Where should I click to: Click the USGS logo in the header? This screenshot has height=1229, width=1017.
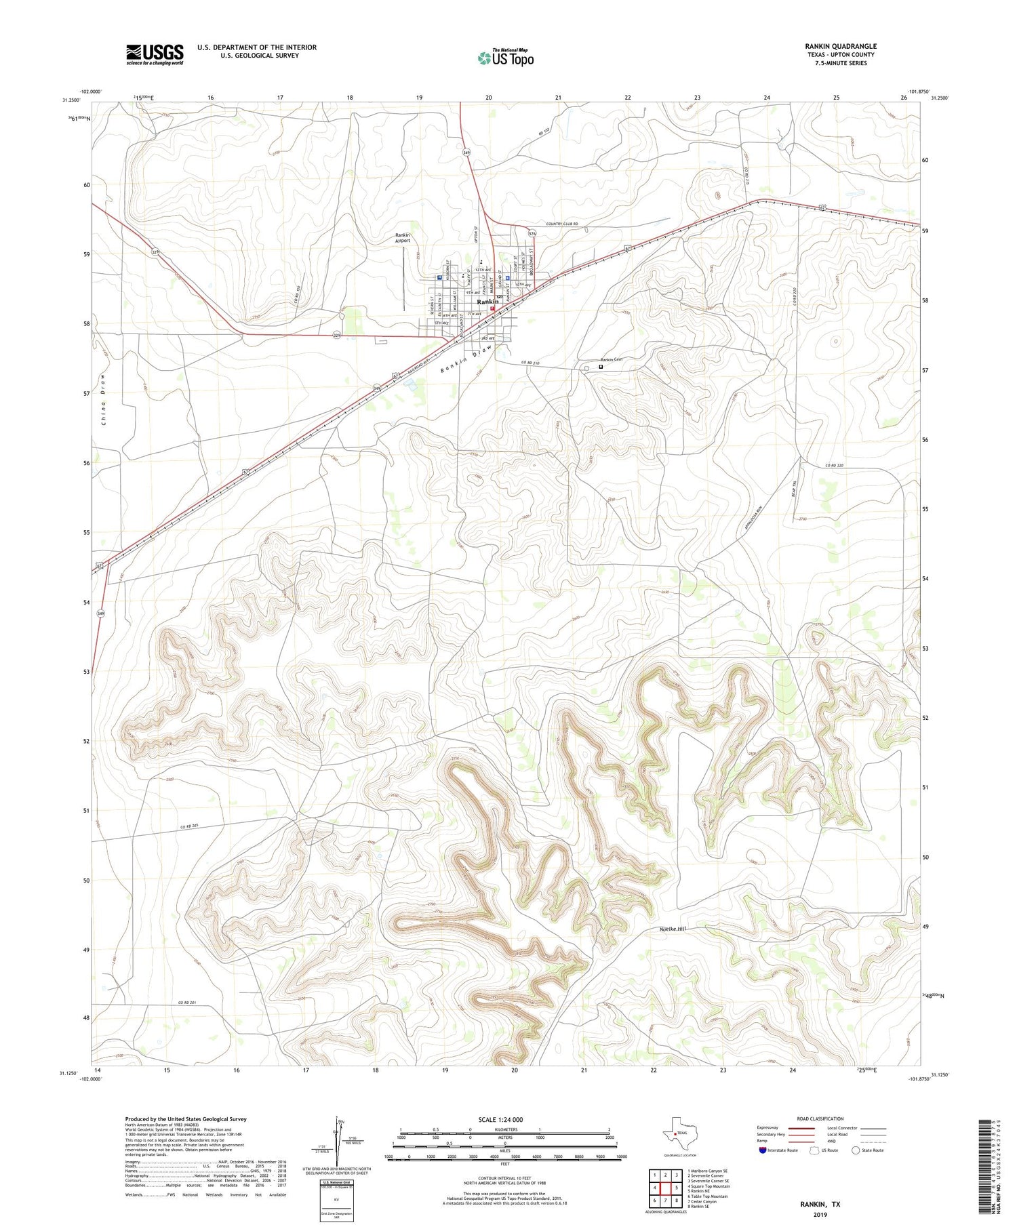pos(155,54)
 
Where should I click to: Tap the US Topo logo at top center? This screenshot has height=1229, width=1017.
pos(505,58)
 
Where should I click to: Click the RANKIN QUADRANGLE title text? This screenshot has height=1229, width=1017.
pos(841,46)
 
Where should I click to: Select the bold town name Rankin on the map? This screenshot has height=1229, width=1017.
pos(487,302)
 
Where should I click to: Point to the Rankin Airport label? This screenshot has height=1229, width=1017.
pos(403,238)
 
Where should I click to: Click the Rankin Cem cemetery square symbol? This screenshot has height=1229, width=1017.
pos(601,367)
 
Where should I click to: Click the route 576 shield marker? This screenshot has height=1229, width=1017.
pos(532,234)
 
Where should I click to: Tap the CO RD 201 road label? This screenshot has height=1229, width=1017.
pos(191,1003)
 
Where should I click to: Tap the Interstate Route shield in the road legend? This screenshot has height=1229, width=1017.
pos(763,1150)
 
